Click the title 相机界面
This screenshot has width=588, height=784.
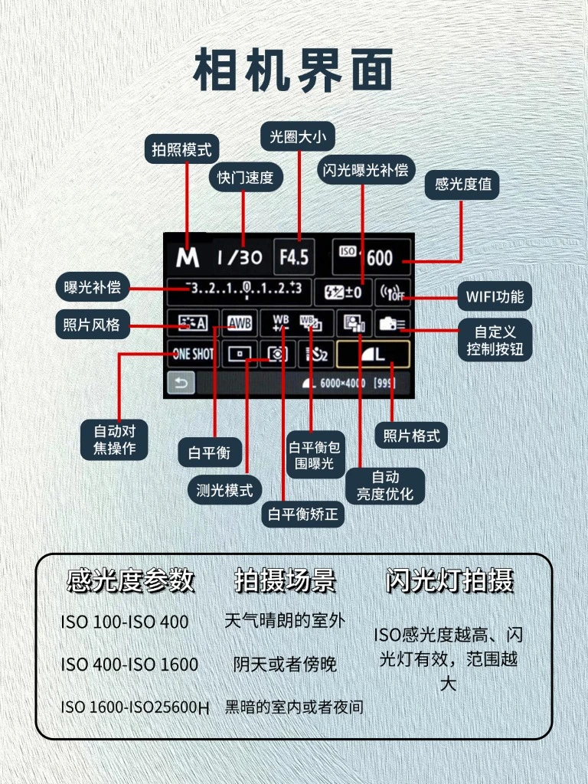coord(293,70)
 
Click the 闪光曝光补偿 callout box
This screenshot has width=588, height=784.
coord(363,170)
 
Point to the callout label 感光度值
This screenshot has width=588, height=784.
coord(463,185)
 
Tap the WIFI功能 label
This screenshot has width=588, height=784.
coord(495,296)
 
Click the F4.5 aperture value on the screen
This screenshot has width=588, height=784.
coord(294,256)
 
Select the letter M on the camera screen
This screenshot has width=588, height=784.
coord(187,258)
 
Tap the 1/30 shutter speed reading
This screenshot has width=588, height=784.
coord(239,257)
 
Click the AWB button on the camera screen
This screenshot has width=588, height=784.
coord(240,324)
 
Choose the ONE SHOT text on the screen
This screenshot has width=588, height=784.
coord(193,354)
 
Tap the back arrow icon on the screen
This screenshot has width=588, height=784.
coord(181,383)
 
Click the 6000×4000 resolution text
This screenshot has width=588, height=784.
coord(343,383)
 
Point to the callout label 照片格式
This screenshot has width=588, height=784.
coord(411,436)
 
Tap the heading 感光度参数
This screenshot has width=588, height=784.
coord(131,580)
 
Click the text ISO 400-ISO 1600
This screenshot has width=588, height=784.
coord(129,664)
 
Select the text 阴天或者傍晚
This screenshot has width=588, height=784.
coord(285,664)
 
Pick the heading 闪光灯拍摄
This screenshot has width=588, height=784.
coord(449,580)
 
